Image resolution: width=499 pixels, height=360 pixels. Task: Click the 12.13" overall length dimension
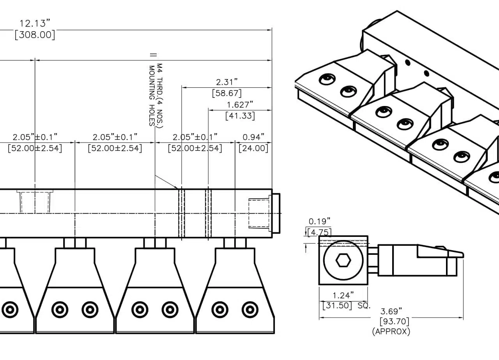pos(35,23)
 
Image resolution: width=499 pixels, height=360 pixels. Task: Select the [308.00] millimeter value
pos(35,35)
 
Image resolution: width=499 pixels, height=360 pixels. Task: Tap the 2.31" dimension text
pos(227,82)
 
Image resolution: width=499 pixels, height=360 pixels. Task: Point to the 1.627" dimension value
pos(240,104)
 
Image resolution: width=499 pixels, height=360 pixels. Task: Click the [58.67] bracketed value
pos(226,93)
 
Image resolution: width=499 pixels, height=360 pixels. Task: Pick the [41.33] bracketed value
pos(240,116)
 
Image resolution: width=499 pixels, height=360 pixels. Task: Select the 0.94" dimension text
pos(253,137)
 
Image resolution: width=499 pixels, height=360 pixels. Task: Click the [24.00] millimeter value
pos(253,148)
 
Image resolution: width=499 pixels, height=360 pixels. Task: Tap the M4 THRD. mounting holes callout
pos(156,95)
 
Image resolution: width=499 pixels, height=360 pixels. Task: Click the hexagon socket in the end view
pos(343,261)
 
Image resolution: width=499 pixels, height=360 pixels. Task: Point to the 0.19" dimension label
pos(320,222)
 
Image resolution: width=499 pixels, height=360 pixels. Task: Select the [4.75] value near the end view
pos(320,233)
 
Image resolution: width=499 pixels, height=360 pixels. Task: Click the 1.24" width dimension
pos(343,295)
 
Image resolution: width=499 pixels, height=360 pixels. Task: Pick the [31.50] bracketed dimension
pos(337,305)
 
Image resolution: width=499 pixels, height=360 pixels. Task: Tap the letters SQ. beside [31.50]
pos(363,305)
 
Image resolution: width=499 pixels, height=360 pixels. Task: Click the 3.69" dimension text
pos(391,311)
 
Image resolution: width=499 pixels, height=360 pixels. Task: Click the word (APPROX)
pos(391,332)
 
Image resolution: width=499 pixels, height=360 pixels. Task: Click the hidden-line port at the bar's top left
pos(35,202)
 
